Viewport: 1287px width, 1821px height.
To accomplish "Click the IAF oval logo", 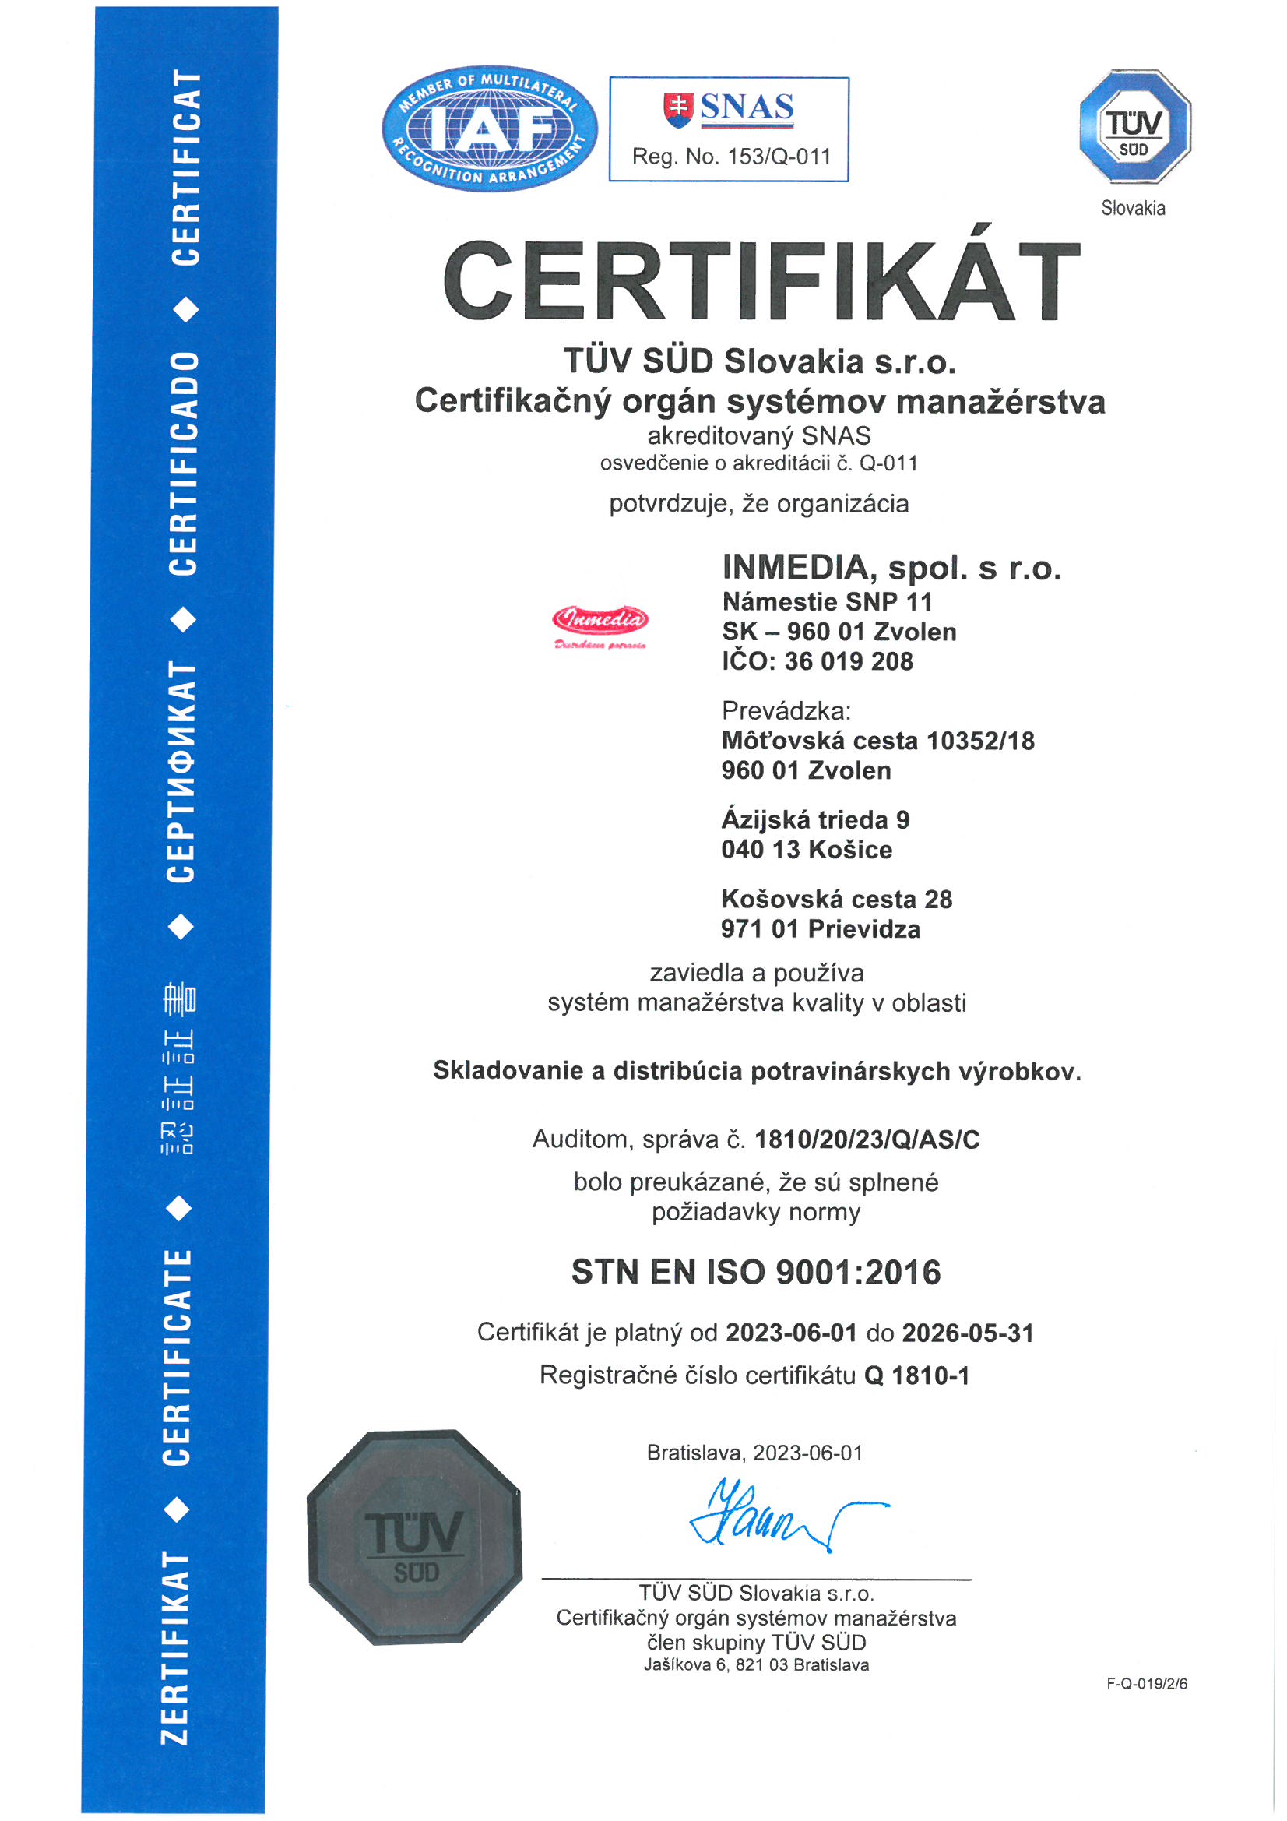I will coord(489,129).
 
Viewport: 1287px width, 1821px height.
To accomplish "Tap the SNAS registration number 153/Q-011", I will coord(779,157).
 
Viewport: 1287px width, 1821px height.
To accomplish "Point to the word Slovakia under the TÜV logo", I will coord(1133,209).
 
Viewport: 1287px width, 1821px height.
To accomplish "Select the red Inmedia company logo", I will coord(600,623).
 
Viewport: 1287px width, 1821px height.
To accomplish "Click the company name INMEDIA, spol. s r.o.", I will coord(891,568).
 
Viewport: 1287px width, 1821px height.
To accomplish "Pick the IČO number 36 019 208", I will coord(849,661).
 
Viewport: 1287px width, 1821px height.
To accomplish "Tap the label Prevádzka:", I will coord(786,710).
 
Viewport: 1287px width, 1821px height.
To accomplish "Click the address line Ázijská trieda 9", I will coord(815,819).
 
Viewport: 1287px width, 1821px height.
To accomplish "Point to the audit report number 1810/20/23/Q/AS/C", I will coord(867,1139).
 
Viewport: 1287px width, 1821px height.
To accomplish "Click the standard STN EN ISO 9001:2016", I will coord(756,1272).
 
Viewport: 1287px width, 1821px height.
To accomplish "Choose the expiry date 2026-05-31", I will coord(968,1333).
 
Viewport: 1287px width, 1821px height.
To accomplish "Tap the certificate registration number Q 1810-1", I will coord(916,1375).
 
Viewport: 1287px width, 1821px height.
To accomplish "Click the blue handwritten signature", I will coord(781,1516).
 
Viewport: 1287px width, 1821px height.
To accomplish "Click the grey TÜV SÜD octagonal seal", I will coord(415,1536).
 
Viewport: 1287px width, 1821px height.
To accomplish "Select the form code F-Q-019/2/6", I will coord(1147,1684).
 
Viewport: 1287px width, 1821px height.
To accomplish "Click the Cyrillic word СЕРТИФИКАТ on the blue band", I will coord(181,772).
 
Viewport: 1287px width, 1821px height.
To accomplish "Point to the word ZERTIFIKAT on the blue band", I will coord(176,1647).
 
